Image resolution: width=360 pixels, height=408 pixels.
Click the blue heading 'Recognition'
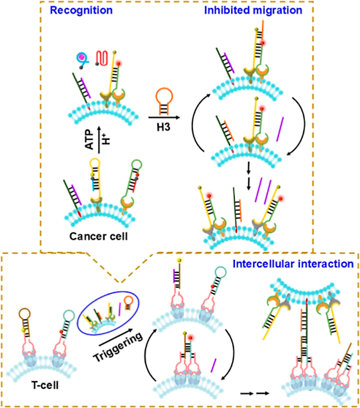pyautogui.click(x=81, y=10)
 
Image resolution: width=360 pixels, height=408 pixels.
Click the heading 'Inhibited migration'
pyautogui.click(x=253, y=10)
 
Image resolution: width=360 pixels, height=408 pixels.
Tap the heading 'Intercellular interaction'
pyautogui.click(x=293, y=264)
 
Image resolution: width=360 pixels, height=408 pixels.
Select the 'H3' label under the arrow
pyautogui.click(x=163, y=127)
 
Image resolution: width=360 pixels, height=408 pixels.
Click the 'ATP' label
pyautogui.click(x=89, y=140)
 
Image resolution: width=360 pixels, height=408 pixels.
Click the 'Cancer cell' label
pyautogui.click(x=99, y=237)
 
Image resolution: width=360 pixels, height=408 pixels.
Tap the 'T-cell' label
pyautogui.click(x=45, y=385)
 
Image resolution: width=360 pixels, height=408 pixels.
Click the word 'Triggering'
pyautogui.click(x=118, y=347)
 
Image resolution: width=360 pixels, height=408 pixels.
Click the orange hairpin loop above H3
pyautogui.click(x=164, y=97)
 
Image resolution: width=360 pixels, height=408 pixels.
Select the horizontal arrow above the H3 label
pyautogui.click(x=164, y=118)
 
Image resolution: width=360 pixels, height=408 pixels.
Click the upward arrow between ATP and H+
pyautogui.click(x=99, y=140)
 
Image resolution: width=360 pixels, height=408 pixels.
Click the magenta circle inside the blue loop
pyautogui.click(x=82, y=56)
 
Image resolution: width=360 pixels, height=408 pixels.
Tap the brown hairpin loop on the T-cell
pyautogui.click(x=25, y=314)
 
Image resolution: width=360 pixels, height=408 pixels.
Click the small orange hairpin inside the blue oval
pyautogui.click(x=128, y=303)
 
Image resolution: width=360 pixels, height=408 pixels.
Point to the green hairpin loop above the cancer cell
pyautogui.click(x=136, y=166)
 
